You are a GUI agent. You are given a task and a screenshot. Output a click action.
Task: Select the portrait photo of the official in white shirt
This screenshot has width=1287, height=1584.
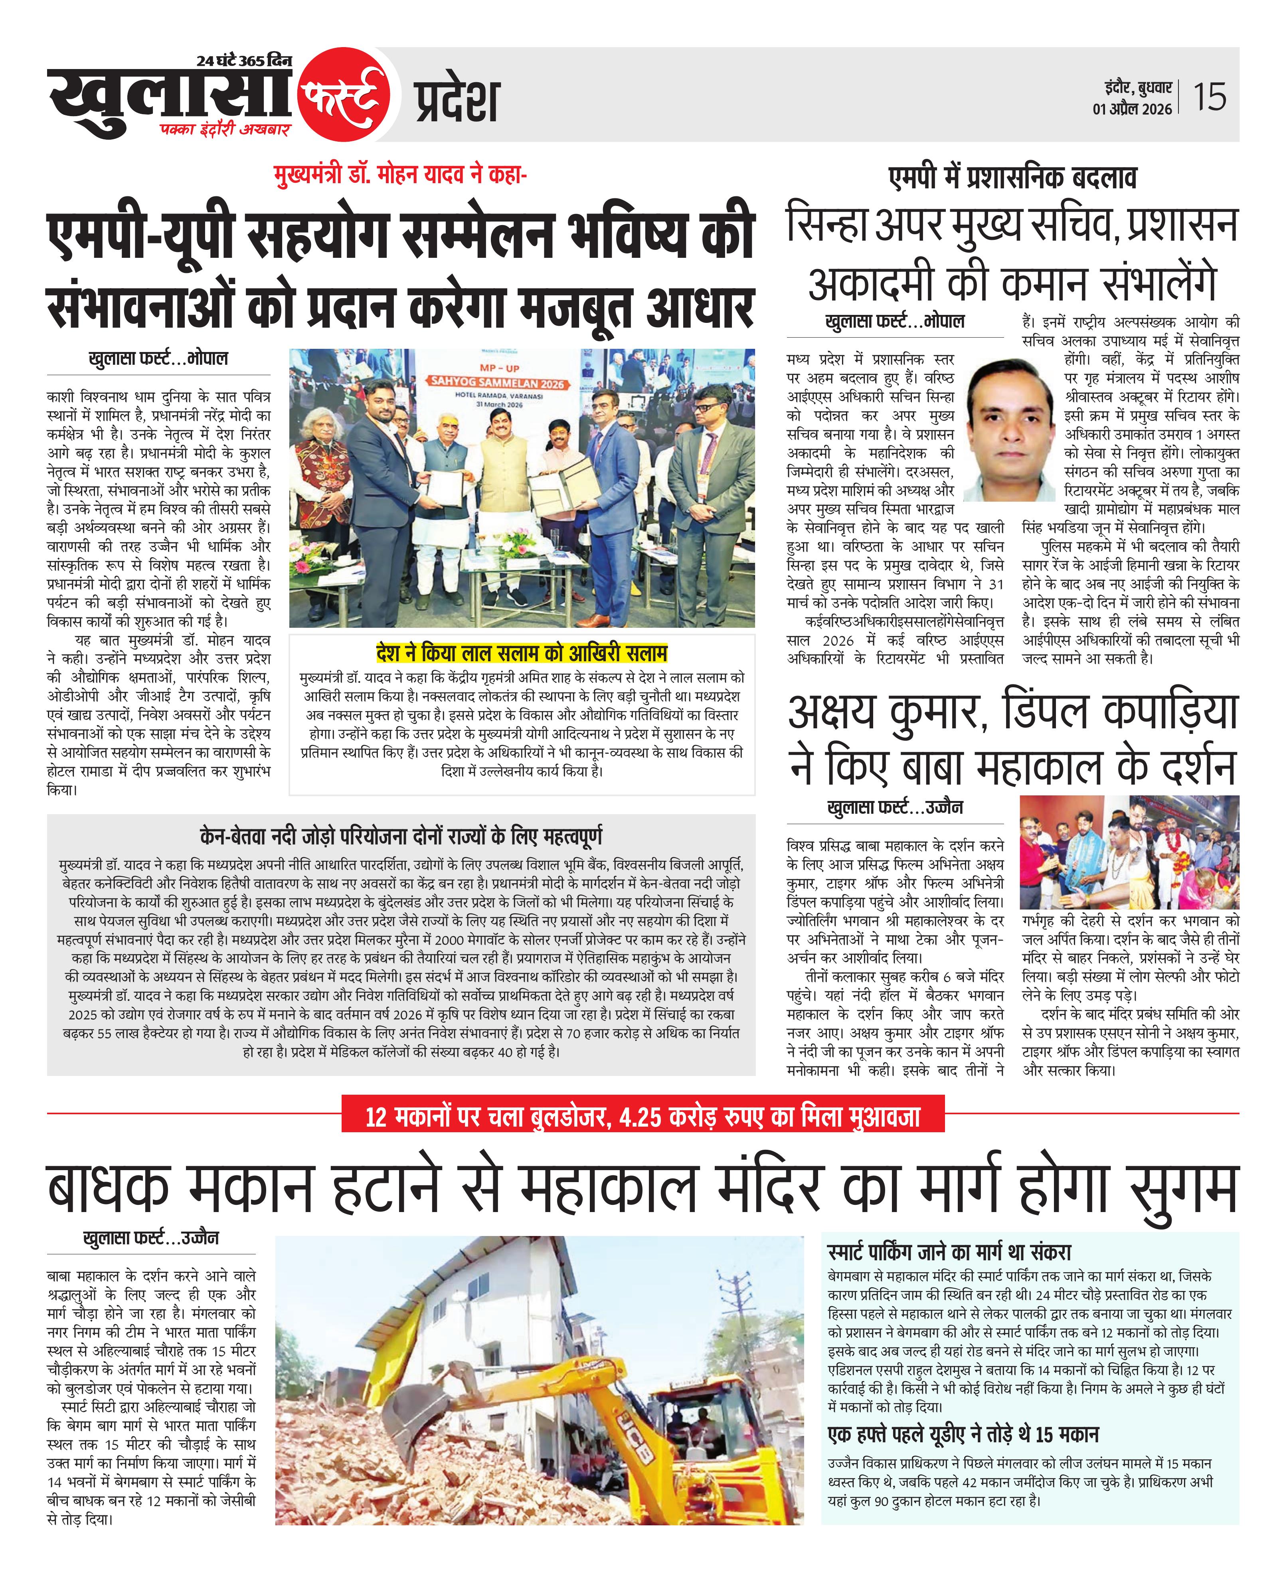(x=1010, y=430)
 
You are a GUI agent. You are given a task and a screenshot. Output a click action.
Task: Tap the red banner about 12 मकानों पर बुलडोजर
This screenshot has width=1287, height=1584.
(x=643, y=1116)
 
